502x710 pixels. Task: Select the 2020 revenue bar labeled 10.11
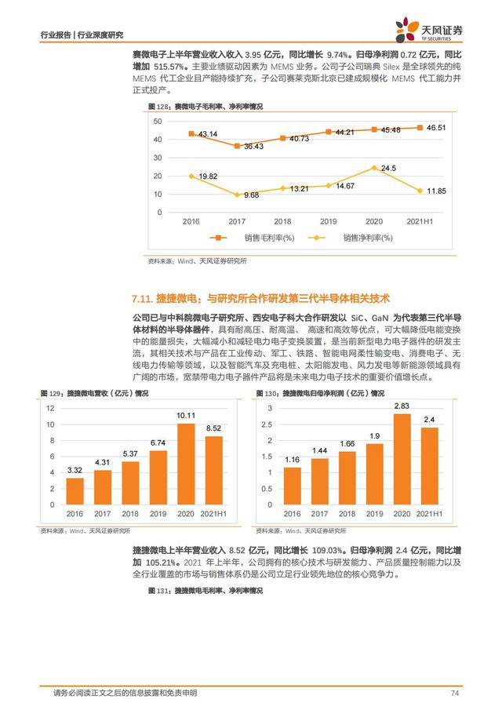click(x=185, y=464)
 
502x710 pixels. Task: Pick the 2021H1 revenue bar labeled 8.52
click(x=213, y=470)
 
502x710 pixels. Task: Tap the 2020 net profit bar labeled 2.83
click(x=402, y=459)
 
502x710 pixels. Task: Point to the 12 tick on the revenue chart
click(x=50, y=408)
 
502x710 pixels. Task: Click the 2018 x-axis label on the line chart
click(x=282, y=222)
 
